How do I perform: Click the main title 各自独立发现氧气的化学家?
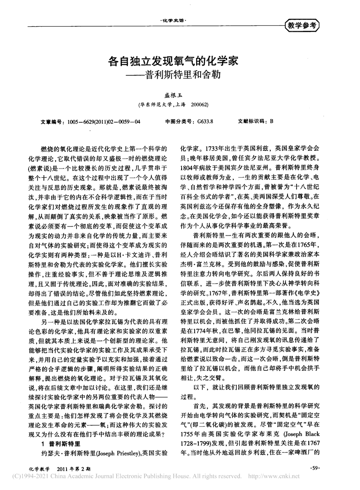180,59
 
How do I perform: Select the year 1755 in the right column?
188,432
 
